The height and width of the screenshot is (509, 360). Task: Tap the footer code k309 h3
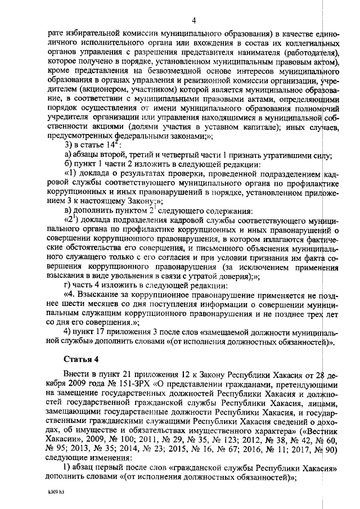[56, 492]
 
